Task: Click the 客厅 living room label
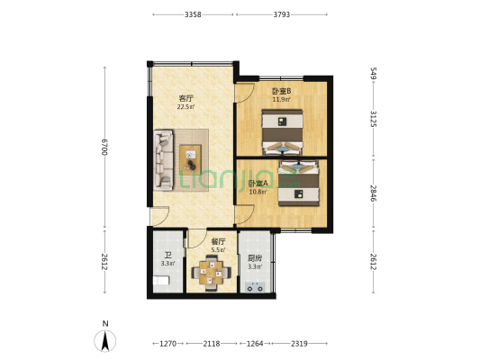coord(186,98)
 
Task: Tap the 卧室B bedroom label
coord(281,90)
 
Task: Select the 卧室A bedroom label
coord(258,184)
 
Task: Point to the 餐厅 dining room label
coord(218,241)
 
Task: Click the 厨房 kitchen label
coord(255,258)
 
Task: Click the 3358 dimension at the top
coord(192,14)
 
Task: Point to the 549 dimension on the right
coord(372,75)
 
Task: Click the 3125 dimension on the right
coord(372,118)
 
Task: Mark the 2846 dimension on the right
coord(372,193)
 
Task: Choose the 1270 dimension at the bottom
coord(167,343)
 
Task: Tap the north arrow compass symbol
coord(105,339)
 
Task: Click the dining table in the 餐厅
coord(212,271)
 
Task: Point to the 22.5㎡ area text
coord(186,107)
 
